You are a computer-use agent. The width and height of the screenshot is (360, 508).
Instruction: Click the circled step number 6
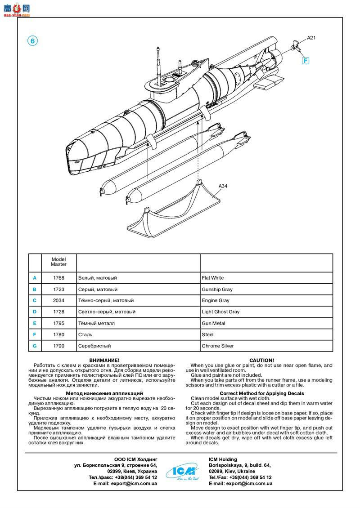[x=32, y=40]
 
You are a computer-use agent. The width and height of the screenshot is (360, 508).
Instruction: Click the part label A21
[x=311, y=38]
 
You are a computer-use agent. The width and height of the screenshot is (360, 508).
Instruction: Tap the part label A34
[x=223, y=186]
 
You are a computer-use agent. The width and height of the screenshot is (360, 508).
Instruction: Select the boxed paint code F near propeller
[x=306, y=60]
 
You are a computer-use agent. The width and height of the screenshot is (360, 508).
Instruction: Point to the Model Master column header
[x=58, y=262]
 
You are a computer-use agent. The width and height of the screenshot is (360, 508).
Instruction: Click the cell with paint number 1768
[x=58, y=278]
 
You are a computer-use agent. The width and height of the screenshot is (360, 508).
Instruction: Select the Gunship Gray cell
[x=217, y=290]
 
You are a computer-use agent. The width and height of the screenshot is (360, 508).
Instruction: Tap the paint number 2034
[x=58, y=300]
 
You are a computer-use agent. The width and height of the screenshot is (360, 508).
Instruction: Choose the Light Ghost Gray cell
[x=221, y=312]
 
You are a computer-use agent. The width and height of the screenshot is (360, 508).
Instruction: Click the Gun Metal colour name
[x=214, y=323]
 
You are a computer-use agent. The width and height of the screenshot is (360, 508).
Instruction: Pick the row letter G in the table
[x=35, y=346]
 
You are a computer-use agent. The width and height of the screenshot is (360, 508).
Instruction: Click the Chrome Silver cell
[x=218, y=346]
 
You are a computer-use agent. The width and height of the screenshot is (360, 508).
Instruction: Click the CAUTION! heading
[x=261, y=360]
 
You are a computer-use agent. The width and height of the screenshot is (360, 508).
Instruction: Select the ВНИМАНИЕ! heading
[x=104, y=360]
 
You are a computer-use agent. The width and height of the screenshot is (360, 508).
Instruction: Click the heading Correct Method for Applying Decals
[x=261, y=393]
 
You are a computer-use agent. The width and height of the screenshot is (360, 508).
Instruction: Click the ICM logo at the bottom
[x=182, y=471]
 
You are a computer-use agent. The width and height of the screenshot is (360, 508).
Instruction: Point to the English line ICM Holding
[x=224, y=459]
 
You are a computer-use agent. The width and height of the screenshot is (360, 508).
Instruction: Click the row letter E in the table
[x=35, y=323]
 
